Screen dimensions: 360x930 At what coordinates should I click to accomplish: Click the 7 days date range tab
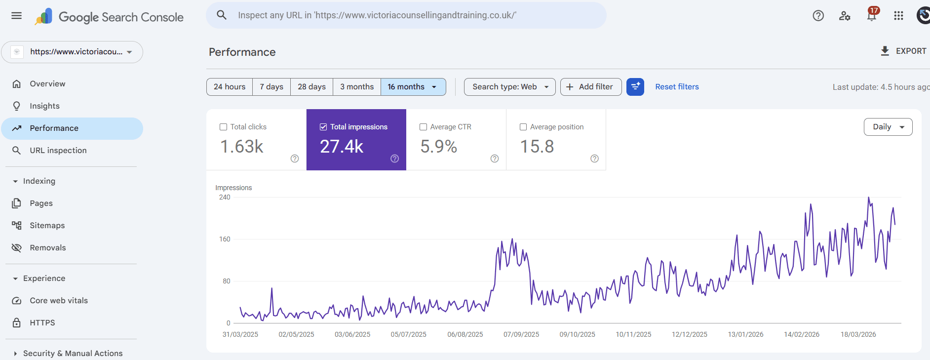click(x=271, y=87)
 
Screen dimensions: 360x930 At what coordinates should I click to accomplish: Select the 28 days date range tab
click(x=311, y=87)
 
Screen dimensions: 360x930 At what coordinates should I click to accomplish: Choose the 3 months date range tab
click(x=356, y=87)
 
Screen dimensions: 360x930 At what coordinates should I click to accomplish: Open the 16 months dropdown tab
click(x=413, y=87)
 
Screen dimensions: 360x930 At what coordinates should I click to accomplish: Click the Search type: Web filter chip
click(x=509, y=87)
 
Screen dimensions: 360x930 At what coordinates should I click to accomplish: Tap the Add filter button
click(x=590, y=87)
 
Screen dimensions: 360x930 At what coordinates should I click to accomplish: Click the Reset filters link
click(x=677, y=87)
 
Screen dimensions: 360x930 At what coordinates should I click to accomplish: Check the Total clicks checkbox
click(x=223, y=127)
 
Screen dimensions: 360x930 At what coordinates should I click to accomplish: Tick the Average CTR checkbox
click(x=423, y=127)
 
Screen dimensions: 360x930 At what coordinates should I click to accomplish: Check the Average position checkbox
click(x=523, y=127)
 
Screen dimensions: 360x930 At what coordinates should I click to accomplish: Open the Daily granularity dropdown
click(x=888, y=127)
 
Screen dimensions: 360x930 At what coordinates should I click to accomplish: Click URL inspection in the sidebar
click(x=58, y=151)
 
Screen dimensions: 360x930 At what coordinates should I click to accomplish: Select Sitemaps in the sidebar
click(x=47, y=226)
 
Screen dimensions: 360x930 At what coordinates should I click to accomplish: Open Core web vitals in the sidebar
click(x=58, y=301)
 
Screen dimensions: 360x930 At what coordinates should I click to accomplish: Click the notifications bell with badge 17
click(x=872, y=15)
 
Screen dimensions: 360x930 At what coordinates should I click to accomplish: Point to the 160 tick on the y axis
click(x=225, y=240)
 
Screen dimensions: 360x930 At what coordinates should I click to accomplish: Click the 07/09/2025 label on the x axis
click(x=521, y=335)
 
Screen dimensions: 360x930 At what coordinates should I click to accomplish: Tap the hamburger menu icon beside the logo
click(x=16, y=15)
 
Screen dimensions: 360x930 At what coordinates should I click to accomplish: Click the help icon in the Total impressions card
click(x=394, y=159)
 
